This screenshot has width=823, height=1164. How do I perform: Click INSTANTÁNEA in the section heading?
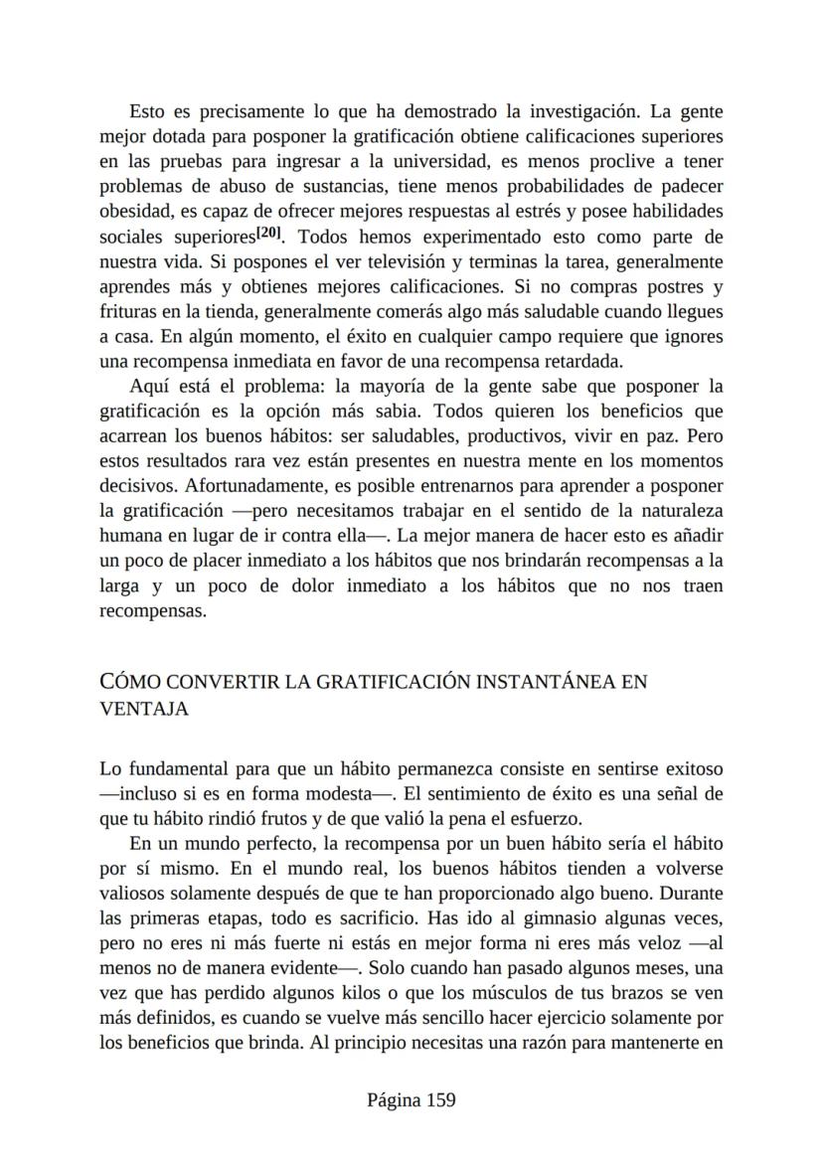click(545, 682)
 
